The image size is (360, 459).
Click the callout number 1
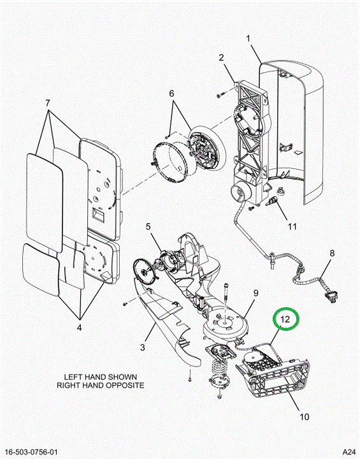(x=248, y=39)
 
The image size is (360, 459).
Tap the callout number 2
(x=221, y=57)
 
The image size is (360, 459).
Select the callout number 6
(x=171, y=93)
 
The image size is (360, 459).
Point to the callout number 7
(x=47, y=103)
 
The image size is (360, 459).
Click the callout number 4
(x=79, y=328)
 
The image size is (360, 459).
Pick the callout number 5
(x=148, y=226)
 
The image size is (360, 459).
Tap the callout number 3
(x=143, y=347)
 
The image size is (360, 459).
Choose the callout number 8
(x=332, y=253)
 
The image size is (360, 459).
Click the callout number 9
(x=256, y=293)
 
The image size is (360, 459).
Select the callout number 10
(x=305, y=416)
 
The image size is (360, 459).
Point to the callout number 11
(x=292, y=226)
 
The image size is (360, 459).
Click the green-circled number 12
(x=285, y=319)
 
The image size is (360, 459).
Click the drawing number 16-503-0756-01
(x=31, y=452)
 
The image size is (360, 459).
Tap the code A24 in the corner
(x=349, y=452)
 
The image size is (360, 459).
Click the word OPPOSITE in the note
(x=127, y=385)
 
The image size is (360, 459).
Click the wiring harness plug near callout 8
(x=330, y=296)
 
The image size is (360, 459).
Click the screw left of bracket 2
(x=220, y=95)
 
